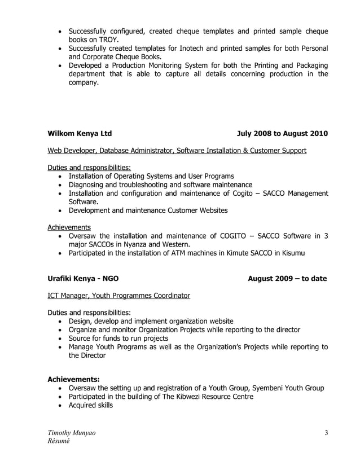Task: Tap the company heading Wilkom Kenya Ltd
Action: (x=80, y=134)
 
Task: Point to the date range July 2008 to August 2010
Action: (x=282, y=134)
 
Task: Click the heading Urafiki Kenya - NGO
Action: (x=83, y=278)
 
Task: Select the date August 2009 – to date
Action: (x=287, y=278)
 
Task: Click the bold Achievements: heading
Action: (x=73, y=379)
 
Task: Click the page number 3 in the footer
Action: (x=326, y=433)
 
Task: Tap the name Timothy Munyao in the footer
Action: (x=71, y=433)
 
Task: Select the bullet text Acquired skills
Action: (x=90, y=405)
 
